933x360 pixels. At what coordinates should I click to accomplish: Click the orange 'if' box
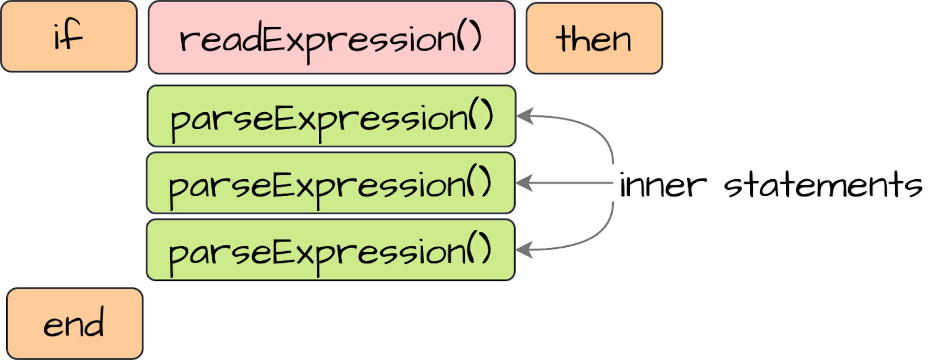coord(69,36)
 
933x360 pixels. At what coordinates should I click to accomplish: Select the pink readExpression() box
coord(331,37)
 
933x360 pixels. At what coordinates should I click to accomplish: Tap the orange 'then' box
coord(594,38)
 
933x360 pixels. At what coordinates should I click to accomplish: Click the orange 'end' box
coord(75,324)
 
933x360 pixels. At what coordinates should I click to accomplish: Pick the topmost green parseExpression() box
coord(331,116)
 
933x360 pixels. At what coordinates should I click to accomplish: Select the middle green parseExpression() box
coord(330,183)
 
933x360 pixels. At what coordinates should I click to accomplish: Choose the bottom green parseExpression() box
coord(330,250)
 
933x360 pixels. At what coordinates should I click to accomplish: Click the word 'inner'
coord(663,186)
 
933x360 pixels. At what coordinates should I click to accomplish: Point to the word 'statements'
coord(823,186)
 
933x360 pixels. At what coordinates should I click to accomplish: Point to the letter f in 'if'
coord(74,35)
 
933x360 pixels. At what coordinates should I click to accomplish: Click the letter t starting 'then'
coord(564,38)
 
